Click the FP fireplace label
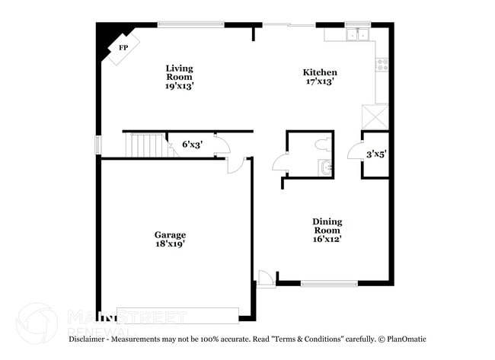click(x=123, y=47)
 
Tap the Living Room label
click(x=180, y=72)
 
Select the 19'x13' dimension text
click(x=180, y=87)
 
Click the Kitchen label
click(x=320, y=73)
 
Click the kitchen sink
click(x=357, y=35)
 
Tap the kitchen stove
click(x=383, y=65)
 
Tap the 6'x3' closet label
click(x=192, y=144)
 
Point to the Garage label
click(x=170, y=234)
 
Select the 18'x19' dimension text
click(x=170, y=244)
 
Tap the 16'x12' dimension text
click(x=327, y=239)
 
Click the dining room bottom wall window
click(x=329, y=284)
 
